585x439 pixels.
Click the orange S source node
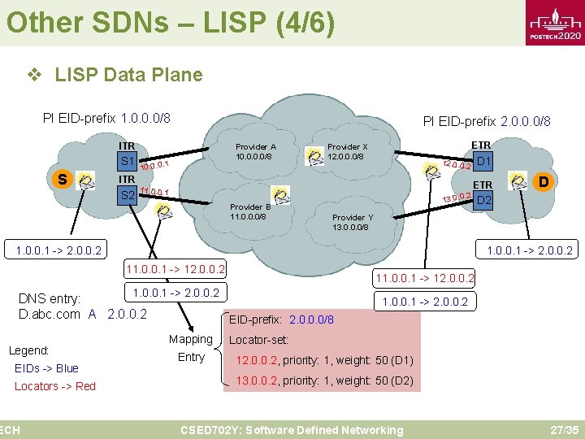click(x=62, y=178)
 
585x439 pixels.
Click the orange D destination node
click(x=542, y=180)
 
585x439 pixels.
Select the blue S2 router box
click(x=128, y=195)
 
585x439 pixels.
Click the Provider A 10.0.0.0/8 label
click(x=256, y=152)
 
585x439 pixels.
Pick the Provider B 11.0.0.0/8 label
click(x=250, y=211)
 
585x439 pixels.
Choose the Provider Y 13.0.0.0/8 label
click(x=353, y=222)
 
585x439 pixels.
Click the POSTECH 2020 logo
click(x=556, y=28)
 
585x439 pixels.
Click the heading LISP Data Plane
click(x=128, y=75)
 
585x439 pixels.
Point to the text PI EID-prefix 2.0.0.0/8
click(x=487, y=121)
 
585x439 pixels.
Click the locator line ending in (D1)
click(x=324, y=360)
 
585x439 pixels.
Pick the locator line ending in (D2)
click(x=324, y=380)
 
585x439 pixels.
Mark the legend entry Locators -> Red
click(x=55, y=386)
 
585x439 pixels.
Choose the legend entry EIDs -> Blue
click(x=46, y=368)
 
